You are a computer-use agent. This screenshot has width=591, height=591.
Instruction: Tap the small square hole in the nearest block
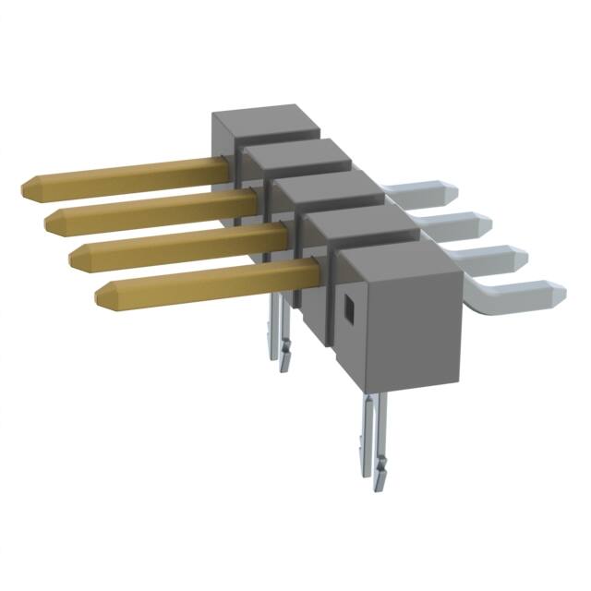click(350, 310)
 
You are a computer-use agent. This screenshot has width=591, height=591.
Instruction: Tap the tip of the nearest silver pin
click(558, 294)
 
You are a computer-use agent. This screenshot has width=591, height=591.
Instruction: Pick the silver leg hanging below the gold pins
click(281, 328)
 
